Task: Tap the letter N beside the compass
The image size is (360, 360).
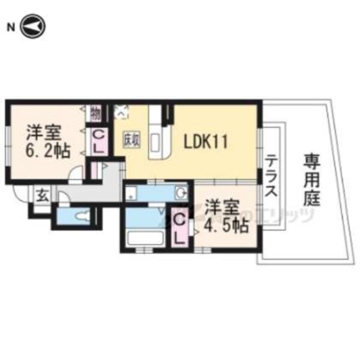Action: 10,27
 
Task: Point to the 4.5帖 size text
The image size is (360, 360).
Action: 224,226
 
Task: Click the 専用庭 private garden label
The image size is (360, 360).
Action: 311,178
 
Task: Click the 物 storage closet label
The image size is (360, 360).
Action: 95,112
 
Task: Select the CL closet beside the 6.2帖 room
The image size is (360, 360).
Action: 98,142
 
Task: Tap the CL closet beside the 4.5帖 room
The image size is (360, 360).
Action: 179,228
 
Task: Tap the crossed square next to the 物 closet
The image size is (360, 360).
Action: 121,111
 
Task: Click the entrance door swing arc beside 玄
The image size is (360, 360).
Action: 22,193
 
